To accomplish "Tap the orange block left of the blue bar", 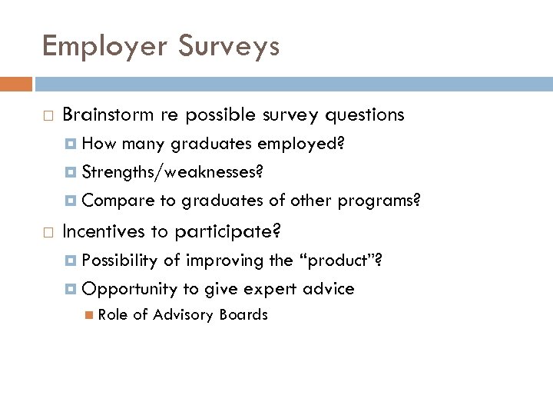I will coord(16,84).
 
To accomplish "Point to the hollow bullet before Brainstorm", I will coord(48,116).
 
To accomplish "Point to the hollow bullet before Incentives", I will coord(48,231).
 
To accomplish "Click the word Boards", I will coord(243,314).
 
